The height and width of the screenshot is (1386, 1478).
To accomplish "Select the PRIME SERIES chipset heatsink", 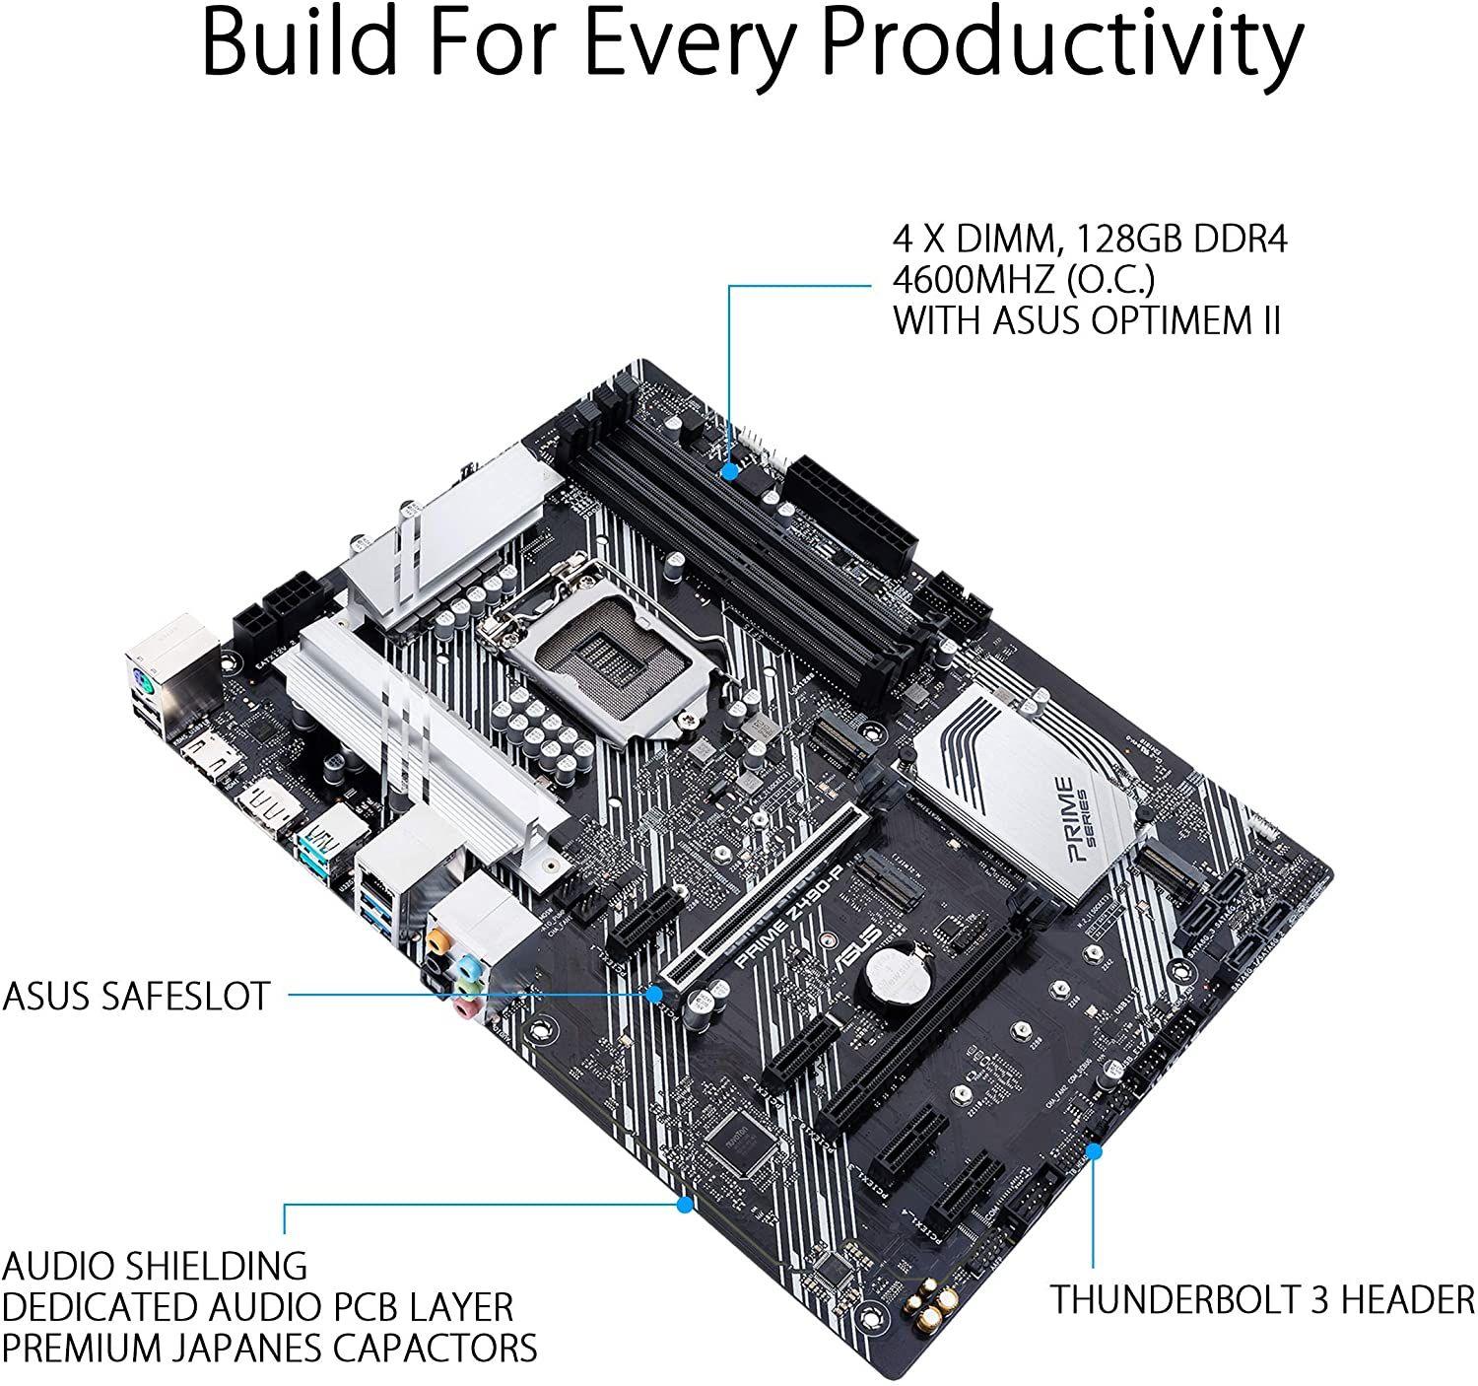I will [1035, 789].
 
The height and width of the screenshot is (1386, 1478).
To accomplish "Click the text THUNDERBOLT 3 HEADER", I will [1261, 1299].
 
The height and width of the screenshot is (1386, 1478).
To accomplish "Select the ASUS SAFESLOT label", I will [136, 996].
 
